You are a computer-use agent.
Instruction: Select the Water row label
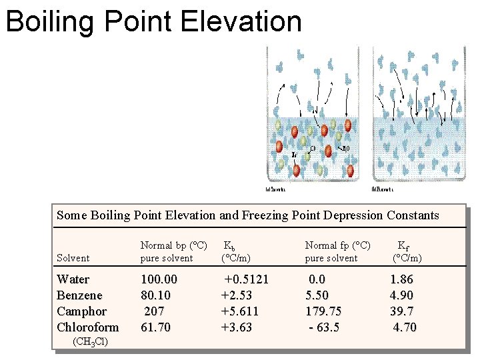pos(73,279)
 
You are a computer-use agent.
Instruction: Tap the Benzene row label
pos(79,295)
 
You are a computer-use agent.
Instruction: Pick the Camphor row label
pos(81,311)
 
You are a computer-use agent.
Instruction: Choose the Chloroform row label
pos(87,327)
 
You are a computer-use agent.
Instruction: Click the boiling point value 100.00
pos(159,279)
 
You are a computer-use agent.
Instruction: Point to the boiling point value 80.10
pos(155,295)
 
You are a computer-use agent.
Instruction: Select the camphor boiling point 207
pos(154,311)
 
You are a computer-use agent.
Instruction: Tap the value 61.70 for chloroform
pos(155,327)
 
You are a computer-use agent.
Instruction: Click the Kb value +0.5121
pos(246,279)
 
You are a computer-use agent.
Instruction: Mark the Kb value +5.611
pos(239,311)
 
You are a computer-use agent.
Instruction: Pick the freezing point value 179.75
pos(323,311)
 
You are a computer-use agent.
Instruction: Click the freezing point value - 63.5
pos(323,327)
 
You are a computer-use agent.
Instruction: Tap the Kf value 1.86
pos(401,279)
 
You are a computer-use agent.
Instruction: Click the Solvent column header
pos(73,258)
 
